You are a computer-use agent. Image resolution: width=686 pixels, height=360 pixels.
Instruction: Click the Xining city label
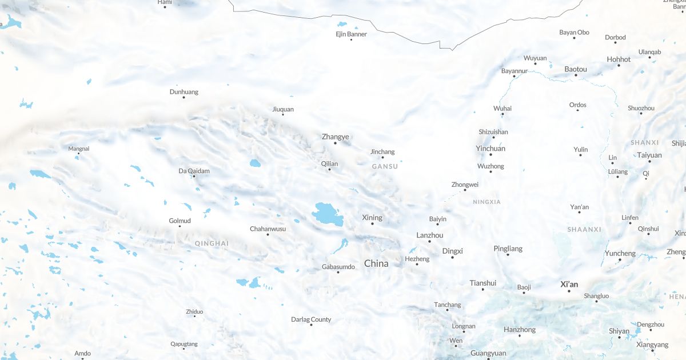point(372,218)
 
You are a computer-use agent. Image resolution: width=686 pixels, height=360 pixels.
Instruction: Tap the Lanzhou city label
point(429,235)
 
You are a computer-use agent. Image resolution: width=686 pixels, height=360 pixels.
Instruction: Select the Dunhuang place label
point(184,91)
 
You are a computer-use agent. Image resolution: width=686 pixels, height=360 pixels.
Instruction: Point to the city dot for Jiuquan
point(283,114)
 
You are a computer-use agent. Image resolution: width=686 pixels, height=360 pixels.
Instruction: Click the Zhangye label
point(335,137)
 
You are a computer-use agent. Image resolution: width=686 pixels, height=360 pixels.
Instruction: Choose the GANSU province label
point(385,166)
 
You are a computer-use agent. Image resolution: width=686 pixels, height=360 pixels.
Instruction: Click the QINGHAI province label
point(212,243)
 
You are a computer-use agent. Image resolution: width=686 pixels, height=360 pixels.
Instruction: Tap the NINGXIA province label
point(486,202)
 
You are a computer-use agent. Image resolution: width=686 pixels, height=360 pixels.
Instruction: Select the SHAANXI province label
point(584,229)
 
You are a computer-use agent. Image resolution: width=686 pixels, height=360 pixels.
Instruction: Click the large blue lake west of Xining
point(328,214)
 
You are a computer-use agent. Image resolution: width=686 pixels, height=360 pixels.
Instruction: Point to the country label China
point(376,263)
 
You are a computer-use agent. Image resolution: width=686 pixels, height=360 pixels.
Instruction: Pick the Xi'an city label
point(569,284)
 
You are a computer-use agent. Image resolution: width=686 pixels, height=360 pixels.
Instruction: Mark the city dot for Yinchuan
point(491,155)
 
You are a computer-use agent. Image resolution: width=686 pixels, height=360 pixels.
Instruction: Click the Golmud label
point(180,221)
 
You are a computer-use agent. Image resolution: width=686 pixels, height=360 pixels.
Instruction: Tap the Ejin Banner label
point(351,34)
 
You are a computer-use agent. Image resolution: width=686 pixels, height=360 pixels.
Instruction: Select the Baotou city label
point(576,69)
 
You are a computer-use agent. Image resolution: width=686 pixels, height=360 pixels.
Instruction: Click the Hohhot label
point(619,59)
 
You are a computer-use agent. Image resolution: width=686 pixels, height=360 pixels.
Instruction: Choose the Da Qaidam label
point(194,170)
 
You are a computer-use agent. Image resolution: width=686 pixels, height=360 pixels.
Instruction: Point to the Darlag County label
point(311,319)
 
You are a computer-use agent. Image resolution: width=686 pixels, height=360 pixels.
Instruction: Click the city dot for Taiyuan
point(649,161)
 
